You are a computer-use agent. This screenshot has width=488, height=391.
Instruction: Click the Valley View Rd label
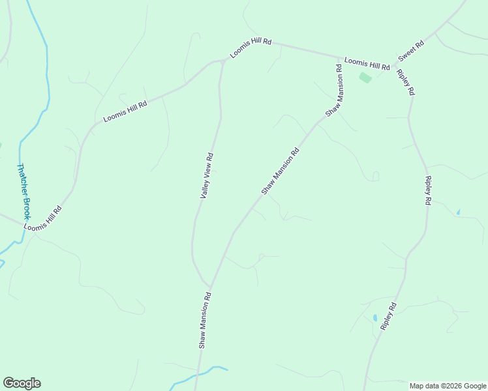[207, 176]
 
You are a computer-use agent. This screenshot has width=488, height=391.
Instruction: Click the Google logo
[22, 383]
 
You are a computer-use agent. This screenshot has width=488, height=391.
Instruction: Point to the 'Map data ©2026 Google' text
[448, 386]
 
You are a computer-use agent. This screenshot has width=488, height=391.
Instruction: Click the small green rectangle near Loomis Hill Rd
[365, 78]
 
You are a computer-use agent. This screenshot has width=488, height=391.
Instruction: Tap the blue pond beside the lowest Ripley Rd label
[374, 318]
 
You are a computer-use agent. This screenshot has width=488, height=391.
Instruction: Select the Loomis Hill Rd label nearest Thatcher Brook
[43, 219]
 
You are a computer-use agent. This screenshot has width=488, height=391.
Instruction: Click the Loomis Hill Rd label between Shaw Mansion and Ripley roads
[367, 63]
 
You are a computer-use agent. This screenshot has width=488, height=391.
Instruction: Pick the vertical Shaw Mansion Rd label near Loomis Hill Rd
[335, 90]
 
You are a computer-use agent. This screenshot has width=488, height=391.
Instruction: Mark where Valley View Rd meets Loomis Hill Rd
[223, 61]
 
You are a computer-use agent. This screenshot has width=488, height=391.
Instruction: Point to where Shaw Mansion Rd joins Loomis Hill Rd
[339, 57]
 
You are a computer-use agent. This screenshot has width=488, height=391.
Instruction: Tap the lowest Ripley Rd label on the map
[389, 316]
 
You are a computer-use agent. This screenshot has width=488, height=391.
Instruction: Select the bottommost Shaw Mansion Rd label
[204, 320]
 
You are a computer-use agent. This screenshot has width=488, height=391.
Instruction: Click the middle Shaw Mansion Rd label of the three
[280, 171]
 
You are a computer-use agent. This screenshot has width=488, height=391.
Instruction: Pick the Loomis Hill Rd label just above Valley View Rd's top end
[251, 48]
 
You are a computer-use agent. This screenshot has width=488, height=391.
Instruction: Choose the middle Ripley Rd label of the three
[428, 191]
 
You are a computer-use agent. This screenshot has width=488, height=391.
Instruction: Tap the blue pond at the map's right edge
[458, 212]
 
